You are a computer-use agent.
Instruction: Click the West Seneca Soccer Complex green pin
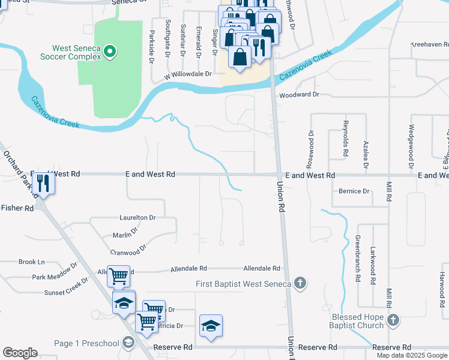click(109, 52)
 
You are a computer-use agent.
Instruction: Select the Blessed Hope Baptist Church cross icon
click(393, 320)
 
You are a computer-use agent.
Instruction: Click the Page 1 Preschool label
click(88, 343)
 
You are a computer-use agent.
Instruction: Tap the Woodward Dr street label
click(299, 94)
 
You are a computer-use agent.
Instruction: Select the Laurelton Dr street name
click(137, 217)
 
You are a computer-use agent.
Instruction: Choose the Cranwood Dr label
click(128, 249)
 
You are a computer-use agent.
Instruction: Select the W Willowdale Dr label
click(188, 74)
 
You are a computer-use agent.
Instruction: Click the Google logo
click(20, 353)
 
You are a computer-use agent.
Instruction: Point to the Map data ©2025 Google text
click(411, 355)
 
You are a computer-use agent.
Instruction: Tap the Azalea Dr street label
click(366, 154)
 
